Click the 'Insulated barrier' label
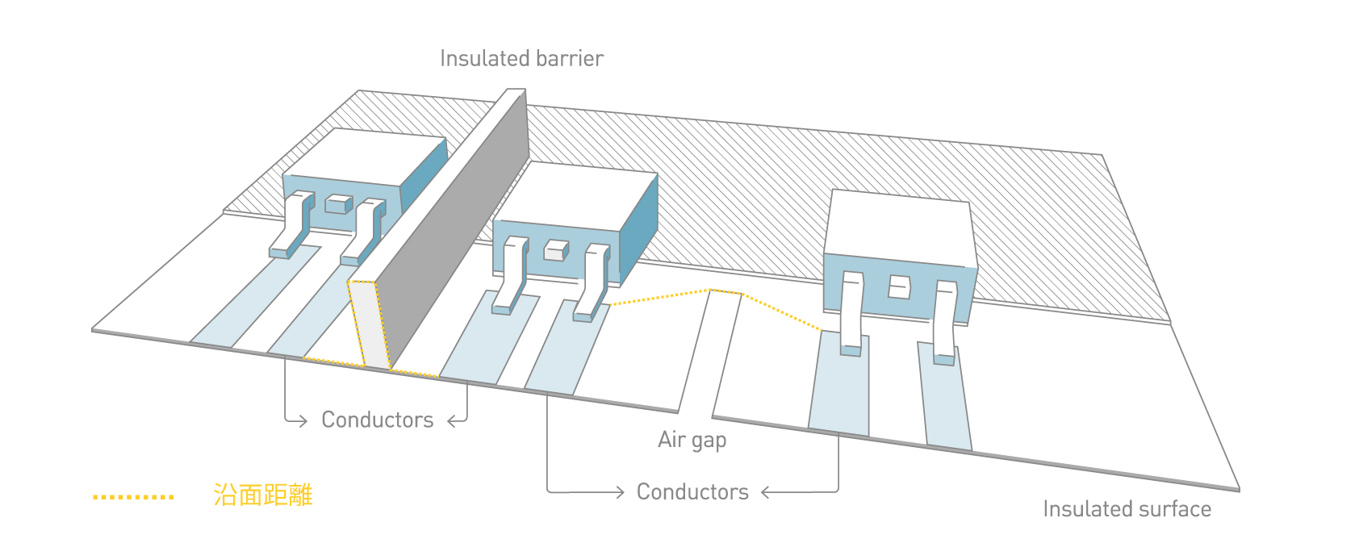(521, 58)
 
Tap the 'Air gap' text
(692, 440)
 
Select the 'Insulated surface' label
(1127, 509)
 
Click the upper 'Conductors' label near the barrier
(378, 420)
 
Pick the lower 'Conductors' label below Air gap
(692, 491)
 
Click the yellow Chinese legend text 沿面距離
(263, 495)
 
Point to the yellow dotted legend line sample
(133, 497)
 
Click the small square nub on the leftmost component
(338, 204)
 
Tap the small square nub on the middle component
(556, 250)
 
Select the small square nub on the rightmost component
(899, 287)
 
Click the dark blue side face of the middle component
(639, 233)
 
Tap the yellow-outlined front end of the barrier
(368, 324)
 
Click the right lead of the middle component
(592, 282)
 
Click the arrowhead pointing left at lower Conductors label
(766, 492)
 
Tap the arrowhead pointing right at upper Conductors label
(303, 420)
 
